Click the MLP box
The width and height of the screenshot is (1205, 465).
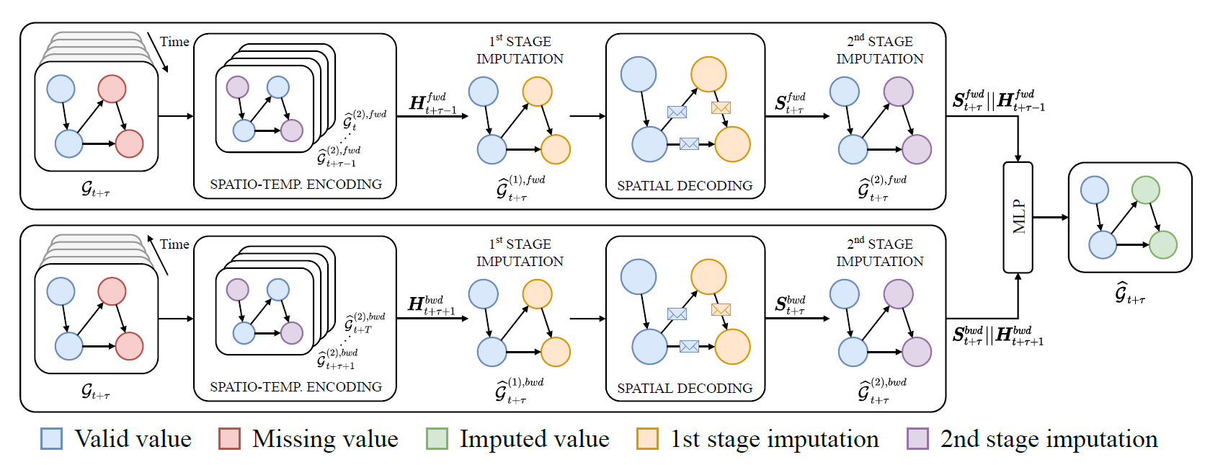1018,217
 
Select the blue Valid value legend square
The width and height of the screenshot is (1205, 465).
52,438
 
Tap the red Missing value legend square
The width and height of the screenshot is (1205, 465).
229,438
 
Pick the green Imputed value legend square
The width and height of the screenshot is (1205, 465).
437,438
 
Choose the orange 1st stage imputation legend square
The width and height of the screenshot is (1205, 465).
647,438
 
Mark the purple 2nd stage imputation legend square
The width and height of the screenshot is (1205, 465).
917,438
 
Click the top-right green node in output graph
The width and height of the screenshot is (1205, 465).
1145,190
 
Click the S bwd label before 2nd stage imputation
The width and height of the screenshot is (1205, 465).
790,305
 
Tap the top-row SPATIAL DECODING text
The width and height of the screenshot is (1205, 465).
684,186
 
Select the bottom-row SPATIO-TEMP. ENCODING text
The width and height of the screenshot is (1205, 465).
295,387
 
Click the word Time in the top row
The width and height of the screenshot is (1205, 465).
174,42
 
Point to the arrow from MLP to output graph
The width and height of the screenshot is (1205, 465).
1050,217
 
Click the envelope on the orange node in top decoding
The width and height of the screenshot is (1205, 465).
721,107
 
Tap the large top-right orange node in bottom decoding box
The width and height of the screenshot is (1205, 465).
708,277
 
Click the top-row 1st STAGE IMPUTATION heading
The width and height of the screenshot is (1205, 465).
519,50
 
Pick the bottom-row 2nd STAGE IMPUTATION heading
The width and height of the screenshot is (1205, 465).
879,252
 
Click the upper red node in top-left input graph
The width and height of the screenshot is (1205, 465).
112,89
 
